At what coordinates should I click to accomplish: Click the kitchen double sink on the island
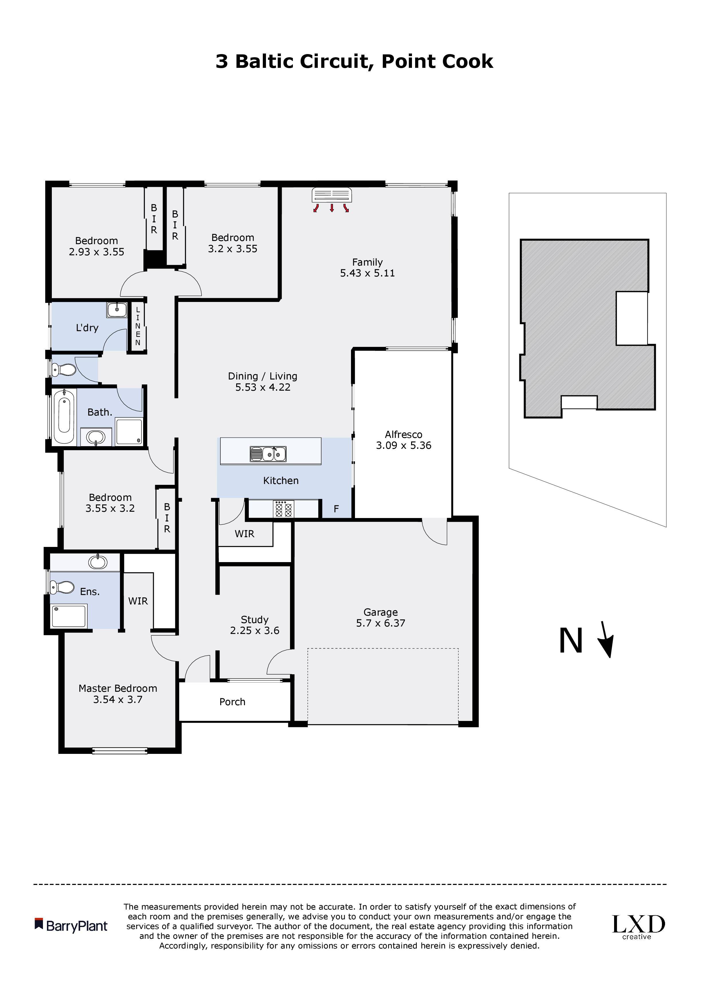(268, 454)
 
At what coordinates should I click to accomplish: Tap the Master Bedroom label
(118, 688)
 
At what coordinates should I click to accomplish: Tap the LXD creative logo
(638, 927)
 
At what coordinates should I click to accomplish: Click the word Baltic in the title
(264, 61)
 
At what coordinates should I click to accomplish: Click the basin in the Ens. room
(98, 562)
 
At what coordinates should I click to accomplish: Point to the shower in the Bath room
(129, 431)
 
